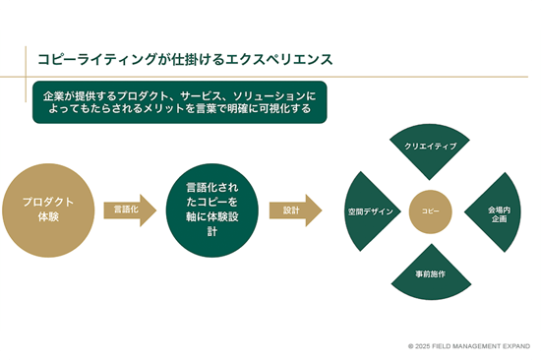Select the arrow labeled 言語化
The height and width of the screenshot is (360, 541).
click(129, 210)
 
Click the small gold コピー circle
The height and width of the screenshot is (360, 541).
click(430, 210)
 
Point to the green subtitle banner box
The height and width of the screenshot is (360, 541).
click(177, 101)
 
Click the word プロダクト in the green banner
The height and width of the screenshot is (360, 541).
click(145, 94)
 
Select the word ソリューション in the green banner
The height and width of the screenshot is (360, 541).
click(261, 94)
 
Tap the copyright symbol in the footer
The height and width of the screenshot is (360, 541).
click(411, 346)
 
